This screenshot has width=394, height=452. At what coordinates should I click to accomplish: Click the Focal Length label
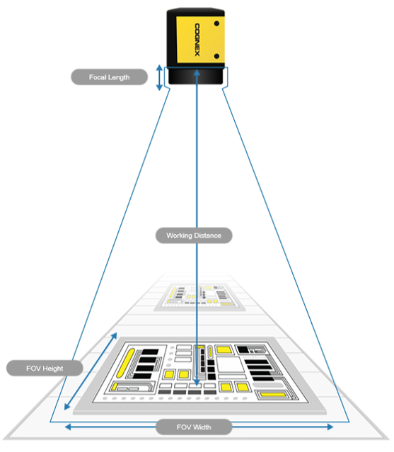109,77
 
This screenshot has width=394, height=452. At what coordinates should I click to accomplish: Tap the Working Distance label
194,236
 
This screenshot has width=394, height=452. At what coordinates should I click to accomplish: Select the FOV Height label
45,368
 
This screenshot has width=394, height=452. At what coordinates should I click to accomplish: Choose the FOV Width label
194,427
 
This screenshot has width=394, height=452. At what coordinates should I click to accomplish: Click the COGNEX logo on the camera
197,40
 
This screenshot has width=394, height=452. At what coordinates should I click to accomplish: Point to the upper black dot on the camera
216,23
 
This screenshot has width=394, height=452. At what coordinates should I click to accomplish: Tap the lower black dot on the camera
216,56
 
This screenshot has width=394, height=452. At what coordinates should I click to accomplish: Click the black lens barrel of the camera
196,76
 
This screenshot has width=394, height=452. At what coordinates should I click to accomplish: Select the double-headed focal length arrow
159,78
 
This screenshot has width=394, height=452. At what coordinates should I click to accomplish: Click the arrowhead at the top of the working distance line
197,73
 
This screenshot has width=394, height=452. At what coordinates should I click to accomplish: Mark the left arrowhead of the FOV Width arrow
68,427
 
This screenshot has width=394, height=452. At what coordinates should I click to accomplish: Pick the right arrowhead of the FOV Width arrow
330,427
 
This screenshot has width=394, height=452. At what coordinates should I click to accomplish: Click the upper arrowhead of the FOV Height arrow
115,335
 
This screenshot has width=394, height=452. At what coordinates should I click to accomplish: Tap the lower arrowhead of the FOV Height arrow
67,407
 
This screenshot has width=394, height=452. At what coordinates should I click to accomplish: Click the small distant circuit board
199,297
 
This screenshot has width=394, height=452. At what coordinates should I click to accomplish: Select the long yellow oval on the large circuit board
126,363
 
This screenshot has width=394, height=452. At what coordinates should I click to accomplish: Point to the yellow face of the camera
201,40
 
